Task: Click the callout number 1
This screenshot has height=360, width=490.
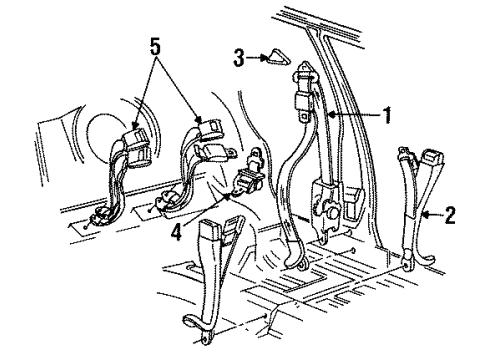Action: point(385,115)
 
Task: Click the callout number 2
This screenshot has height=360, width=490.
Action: point(450,213)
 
